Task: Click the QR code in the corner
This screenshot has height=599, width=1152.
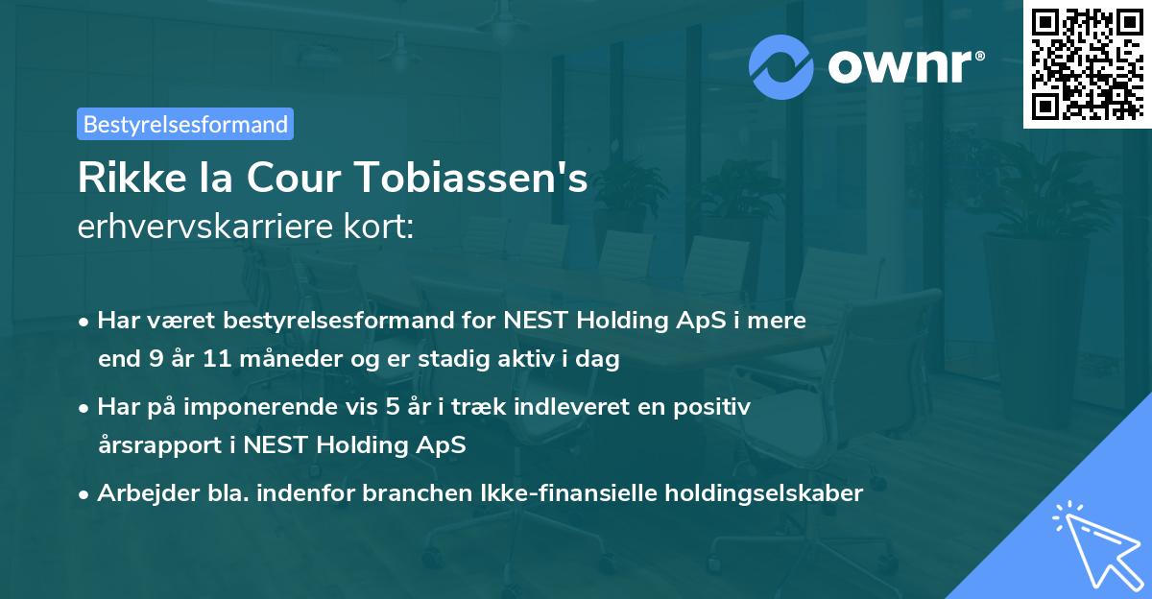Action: pos(1086,64)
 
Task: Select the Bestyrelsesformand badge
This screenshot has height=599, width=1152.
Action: pos(185,124)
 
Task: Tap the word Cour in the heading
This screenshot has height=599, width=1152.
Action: pos(294,180)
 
